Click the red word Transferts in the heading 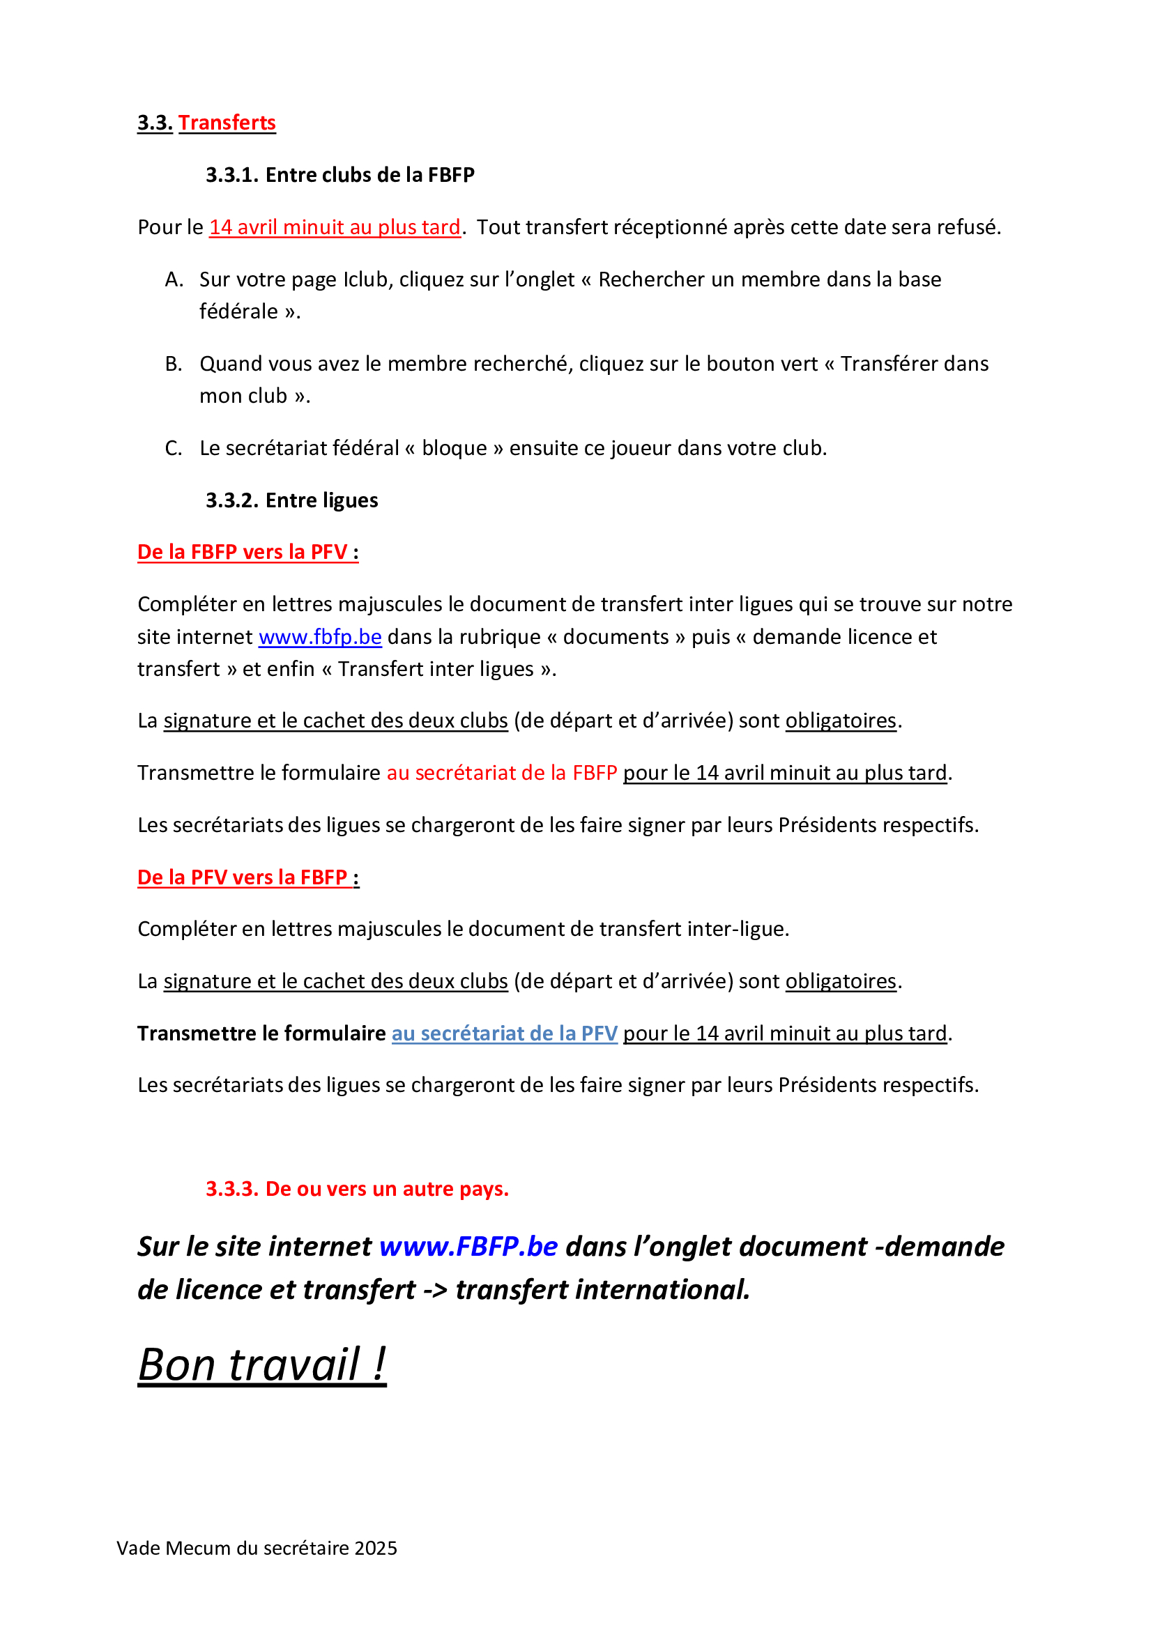227,123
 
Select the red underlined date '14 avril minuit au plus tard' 335,227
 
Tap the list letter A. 174,279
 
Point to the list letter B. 174,364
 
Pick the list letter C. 174,449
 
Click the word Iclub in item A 367,279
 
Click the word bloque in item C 455,449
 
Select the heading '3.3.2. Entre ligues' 292,500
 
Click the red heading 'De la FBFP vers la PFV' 242,553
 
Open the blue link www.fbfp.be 320,637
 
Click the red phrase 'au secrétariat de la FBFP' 502,772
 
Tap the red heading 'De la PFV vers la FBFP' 242,877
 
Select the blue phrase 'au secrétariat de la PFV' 504,1033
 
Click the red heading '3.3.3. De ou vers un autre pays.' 357,1188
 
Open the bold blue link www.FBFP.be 468,1247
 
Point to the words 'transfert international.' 603,1290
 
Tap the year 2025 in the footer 376,1548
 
